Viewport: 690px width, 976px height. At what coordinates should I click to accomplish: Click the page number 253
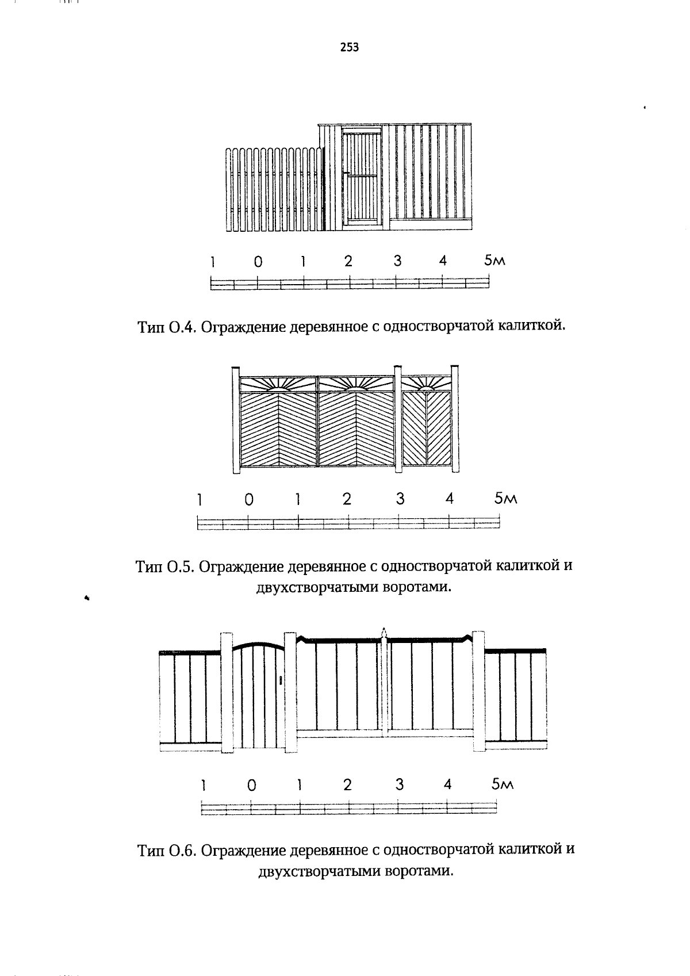click(x=349, y=48)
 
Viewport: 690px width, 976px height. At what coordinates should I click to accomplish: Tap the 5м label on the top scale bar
click(x=494, y=261)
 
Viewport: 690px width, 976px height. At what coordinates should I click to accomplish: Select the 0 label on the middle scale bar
click(x=248, y=500)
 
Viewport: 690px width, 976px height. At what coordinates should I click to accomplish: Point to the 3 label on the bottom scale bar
click(x=399, y=784)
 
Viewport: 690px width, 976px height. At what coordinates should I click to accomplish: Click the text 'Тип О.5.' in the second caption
click(x=166, y=567)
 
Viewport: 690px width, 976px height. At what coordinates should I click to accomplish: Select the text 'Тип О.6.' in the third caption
click(x=167, y=850)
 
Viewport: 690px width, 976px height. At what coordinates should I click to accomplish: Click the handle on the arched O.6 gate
click(x=279, y=680)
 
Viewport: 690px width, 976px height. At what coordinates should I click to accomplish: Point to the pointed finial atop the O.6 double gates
click(x=384, y=631)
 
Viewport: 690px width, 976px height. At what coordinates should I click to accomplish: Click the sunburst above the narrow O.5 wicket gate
click(x=426, y=384)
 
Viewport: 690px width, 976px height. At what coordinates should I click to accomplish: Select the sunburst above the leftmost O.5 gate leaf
click(x=278, y=384)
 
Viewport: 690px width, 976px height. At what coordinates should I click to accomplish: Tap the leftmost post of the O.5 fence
click(x=235, y=420)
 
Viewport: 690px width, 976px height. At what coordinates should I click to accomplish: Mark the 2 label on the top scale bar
click(x=348, y=261)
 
